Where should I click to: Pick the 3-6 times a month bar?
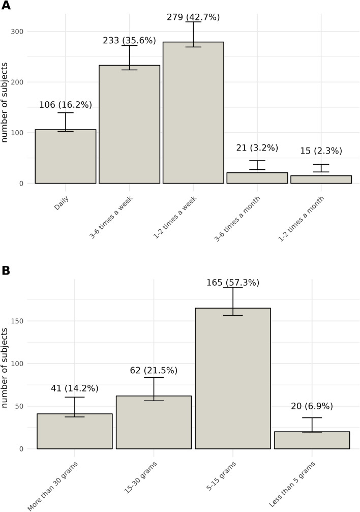click(x=257, y=178)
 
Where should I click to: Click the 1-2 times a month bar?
click(x=321, y=179)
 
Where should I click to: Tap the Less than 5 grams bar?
click(x=312, y=440)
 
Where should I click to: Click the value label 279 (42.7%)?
click(x=193, y=17)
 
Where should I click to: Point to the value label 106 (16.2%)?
click(x=65, y=105)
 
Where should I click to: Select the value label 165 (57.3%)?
click(x=233, y=282)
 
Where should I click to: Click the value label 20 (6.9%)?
click(x=312, y=406)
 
